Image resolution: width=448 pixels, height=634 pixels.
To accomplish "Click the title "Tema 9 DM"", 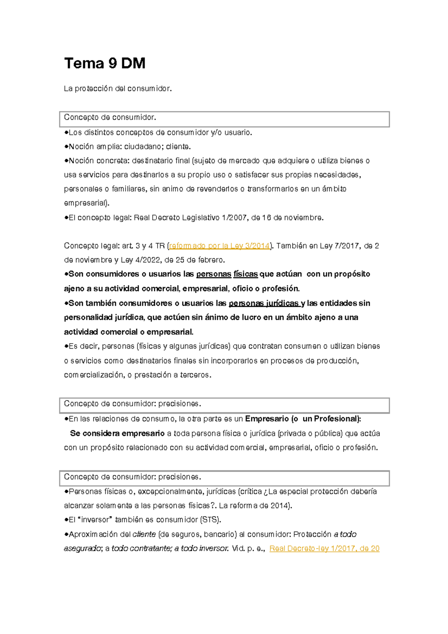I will coord(105,63).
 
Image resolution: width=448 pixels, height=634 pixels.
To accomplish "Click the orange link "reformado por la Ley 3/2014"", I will coord(220,246).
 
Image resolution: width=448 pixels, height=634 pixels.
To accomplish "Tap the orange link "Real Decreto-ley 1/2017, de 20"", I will coord(324,548).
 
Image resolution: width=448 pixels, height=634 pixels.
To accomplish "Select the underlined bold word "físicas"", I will coord(246,274).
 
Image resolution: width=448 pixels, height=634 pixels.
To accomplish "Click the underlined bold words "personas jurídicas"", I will coord(264,303).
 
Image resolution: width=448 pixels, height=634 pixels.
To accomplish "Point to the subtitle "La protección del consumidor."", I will coord(118,88).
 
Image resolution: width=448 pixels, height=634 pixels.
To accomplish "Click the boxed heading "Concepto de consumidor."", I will coord(110,118).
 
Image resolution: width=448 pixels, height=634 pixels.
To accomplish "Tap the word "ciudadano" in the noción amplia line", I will coord(143,146).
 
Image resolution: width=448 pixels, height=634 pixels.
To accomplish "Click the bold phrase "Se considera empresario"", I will coord(117,433).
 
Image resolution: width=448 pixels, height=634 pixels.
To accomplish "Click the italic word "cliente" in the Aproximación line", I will coord(144,534).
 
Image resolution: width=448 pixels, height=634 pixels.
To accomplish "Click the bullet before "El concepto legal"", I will coord(66,217).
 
